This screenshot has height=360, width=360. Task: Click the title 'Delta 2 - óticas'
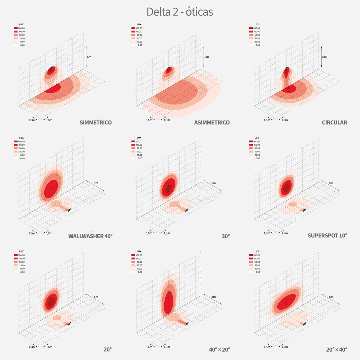point(180,12)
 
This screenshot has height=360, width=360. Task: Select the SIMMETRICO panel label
point(96,123)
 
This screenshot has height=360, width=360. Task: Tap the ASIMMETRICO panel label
point(212,123)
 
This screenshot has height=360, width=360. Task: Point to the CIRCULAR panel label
point(334,123)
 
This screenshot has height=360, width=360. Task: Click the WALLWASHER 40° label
point(90,236)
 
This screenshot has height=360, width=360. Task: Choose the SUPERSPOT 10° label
point(327,236)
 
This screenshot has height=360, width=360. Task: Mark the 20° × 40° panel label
point(336,349)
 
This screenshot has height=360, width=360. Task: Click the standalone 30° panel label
point(225,236)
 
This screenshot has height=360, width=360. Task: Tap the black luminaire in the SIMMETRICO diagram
point(52,67)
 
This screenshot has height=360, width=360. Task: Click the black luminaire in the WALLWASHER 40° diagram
point(69,210)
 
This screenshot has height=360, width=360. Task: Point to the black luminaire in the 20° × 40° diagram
point(305,323)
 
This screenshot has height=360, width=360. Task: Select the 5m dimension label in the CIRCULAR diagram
point(324,57)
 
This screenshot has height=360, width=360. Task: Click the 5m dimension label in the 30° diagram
point(214,183)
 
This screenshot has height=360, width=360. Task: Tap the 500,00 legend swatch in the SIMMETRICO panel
point(16,28)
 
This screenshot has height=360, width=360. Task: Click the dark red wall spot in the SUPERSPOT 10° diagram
point(287,187)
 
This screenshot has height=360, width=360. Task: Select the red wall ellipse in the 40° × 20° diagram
point(169,302)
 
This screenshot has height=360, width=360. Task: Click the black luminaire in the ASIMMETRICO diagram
point(169,67)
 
